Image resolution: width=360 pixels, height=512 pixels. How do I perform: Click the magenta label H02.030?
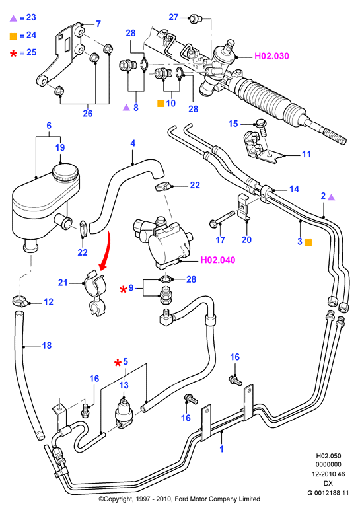[271, 56]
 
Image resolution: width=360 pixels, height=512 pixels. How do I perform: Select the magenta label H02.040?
[218, 260]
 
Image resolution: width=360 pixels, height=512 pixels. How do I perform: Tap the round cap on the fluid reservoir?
[66, 172]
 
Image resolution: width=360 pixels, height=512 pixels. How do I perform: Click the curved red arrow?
[105, 250]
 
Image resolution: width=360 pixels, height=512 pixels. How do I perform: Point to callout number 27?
[174, 17]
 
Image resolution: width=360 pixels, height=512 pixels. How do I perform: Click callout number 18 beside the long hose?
[47, 345]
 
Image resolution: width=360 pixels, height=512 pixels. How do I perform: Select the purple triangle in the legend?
[13, 18]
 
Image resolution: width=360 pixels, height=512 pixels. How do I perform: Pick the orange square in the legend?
[13, 36]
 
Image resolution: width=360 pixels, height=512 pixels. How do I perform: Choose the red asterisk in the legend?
[13, 54]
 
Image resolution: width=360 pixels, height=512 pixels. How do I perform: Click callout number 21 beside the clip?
[63, 283]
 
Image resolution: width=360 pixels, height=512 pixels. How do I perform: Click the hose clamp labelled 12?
[20, 301]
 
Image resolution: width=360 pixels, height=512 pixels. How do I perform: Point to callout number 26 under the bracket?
[87, 114]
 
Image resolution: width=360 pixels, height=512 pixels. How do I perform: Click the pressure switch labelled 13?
[124, 412]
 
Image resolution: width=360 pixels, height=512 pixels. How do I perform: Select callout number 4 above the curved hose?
[133, 143]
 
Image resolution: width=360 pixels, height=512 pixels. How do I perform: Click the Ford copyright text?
[180, 499]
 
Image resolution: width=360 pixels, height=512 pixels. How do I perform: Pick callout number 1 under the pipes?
[221, 449]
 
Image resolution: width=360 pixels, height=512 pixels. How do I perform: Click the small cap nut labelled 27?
[196, 18]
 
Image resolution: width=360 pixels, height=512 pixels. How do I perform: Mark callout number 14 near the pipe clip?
[294, 189]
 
